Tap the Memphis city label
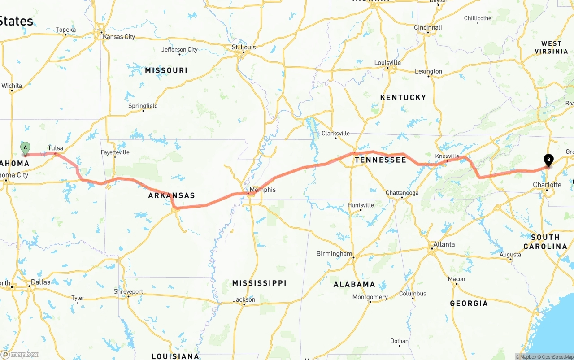click(x=263, y=190)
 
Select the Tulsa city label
click(x=56, y=148)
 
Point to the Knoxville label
click(x=447, y=156)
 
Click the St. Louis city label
click(x=244, y=47)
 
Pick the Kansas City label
click(x=119, y=37)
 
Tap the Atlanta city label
click(x=444, y=244)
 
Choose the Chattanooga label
click(x=402, y=193)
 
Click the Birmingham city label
click(x=335, y=253)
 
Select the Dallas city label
click(x=41, y=282)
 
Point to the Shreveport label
click(x=128, y=291)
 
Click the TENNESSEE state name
click(x=380, y=160)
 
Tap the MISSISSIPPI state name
click(x=259, y=283)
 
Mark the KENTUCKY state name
click(x=403, y=97)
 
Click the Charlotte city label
click(x=547, y=185)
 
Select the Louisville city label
click(x=387, y=62)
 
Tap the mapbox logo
click(x=20, y=354)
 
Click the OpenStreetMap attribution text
click(x=556, y=357)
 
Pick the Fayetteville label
click(x=115, y=152)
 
